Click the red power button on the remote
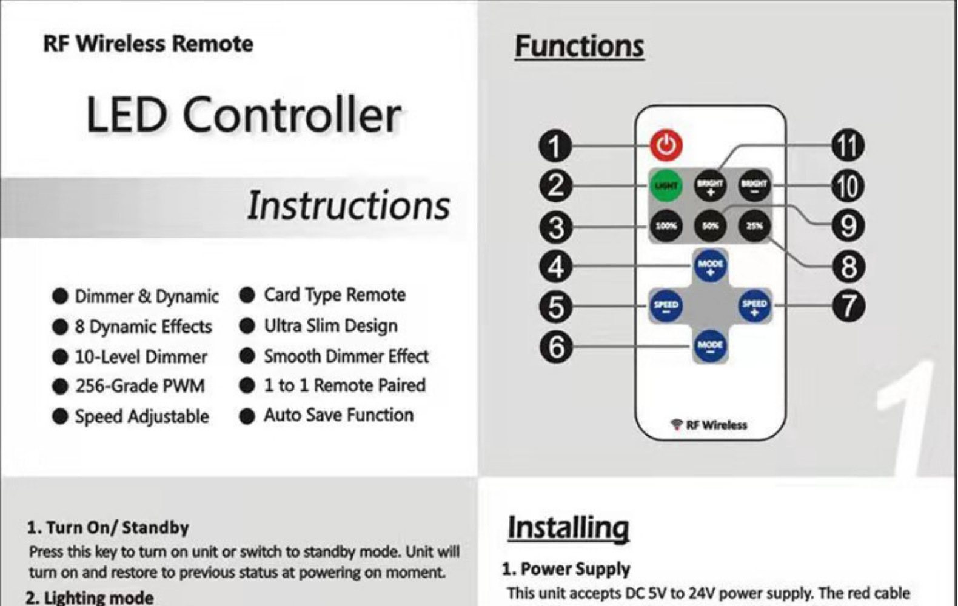tap(666, 145)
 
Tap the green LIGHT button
tap(666, 185)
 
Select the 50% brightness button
tap(710, 226)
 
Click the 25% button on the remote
tap(754, 226)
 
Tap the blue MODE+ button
tap(710, 265)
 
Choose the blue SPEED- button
tap(666, 305)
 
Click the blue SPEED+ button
tap(754, 305)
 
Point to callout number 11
tap(848, 145)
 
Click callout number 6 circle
tap(555, 347)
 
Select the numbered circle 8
tap(848, 267)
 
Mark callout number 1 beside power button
tap(555, 146)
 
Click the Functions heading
tap(579, 47)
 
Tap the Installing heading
tap(568, 527)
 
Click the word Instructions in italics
tap(348, 206)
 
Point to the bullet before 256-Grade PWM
tap(60, 386)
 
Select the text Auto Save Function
tap(338, 415)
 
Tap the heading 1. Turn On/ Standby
tap(108, 527)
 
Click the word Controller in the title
tap(292, 115)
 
